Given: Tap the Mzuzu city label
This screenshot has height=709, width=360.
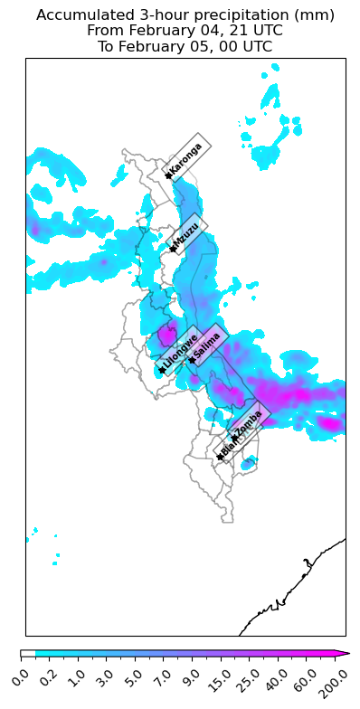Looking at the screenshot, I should click(187, 236).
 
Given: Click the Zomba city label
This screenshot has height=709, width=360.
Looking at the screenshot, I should click(249, 421).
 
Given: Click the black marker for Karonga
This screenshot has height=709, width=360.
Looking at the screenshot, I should click(168, 175).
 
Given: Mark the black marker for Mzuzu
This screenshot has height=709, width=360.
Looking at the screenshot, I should click(173, 249).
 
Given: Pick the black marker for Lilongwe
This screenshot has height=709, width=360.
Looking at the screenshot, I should click(162, 370).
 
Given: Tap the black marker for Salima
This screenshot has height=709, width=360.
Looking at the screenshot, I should click(192, 360).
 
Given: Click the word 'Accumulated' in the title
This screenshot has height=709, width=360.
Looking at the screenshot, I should click(79, 15).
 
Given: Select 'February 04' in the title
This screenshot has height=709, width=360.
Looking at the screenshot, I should click(166, 30).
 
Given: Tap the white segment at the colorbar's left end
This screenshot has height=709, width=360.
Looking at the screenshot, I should click(28, 653).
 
